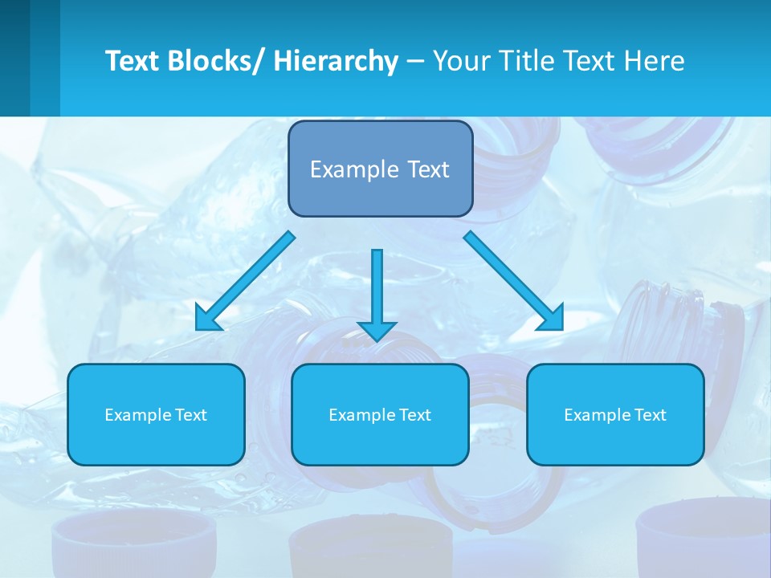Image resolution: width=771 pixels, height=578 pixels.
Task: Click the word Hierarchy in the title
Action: click(336, 62)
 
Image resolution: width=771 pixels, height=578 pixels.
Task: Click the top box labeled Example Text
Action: click(380, 169)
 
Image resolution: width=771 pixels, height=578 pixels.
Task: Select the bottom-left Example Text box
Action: click(156, 414)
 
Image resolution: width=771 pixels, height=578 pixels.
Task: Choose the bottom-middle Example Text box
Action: click(380, 414)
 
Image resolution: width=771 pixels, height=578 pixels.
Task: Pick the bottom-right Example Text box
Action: click(615, 414)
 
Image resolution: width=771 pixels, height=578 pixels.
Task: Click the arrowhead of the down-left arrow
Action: click(208, 320)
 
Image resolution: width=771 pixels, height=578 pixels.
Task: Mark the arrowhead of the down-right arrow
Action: click(552, 319)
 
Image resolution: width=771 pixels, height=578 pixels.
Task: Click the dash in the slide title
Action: click(415, 62)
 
